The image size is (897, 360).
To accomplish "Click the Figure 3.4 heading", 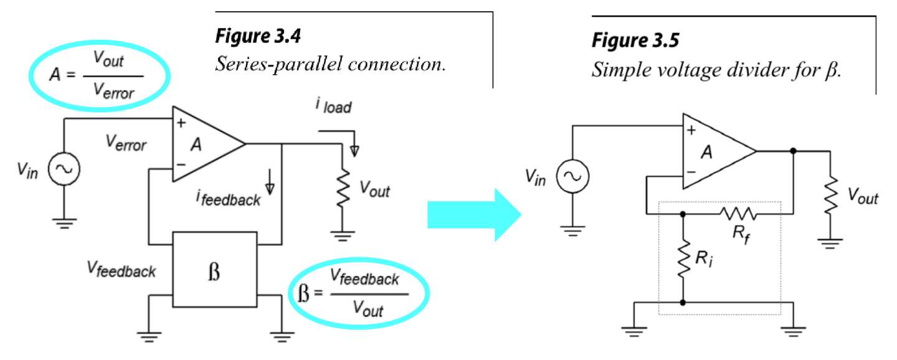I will (258, 37).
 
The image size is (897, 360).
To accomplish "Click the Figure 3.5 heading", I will (635, 41).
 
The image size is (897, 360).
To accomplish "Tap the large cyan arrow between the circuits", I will (474, 215).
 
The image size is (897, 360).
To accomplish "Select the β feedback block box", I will (214, 270).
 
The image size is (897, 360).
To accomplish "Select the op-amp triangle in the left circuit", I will (206, 144).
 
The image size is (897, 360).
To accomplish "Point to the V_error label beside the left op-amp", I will (125, 144).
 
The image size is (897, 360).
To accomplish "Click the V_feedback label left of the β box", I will (121, 270).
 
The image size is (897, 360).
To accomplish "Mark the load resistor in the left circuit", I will (341, 190).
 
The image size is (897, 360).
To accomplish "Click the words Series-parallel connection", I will (330, 65).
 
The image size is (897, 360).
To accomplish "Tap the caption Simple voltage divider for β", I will (716, 69).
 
